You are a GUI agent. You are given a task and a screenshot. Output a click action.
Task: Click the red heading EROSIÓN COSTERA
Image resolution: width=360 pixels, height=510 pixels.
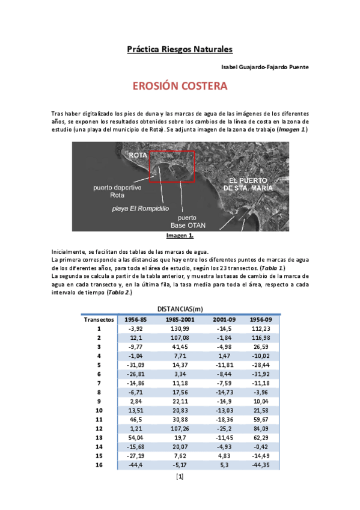click(180, 86)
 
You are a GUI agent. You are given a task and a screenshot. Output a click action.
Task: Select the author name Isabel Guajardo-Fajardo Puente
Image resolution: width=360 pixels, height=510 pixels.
click(265, 67)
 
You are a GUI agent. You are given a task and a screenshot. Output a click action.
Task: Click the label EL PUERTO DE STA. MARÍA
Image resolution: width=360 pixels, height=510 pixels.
click(248, 185)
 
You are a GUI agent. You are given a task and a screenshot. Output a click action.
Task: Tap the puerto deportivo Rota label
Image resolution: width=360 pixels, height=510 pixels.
click(117, 191)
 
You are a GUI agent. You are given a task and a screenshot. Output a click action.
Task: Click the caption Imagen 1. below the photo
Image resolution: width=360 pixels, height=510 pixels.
click(180, 236)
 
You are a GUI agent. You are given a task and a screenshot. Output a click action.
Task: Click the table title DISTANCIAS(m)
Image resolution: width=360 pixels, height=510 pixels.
click(180, 309)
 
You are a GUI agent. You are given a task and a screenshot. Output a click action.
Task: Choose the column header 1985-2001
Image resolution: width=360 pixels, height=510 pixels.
click(180, 319)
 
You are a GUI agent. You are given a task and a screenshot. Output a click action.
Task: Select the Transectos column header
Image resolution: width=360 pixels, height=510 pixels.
click(99, 319)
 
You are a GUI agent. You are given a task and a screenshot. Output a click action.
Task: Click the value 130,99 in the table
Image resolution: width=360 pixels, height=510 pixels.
click(180, 329)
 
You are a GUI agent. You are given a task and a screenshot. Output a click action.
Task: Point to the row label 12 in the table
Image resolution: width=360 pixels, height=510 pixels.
click(99, 428)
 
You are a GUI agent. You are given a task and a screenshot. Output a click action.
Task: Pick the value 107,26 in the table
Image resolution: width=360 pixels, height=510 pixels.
click(180, 428)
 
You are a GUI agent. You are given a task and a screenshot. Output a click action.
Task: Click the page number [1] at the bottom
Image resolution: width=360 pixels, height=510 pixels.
click(180, 477)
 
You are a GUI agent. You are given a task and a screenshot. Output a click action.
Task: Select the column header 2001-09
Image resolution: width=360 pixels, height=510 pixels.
click(223, 319)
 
